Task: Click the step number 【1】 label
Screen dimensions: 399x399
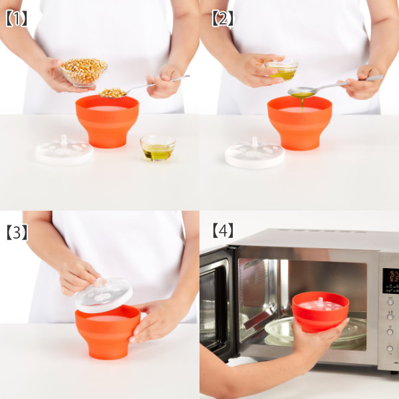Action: click(16, 19)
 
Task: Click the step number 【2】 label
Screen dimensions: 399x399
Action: click(223, 19)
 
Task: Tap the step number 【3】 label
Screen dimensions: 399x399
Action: click(17, 232)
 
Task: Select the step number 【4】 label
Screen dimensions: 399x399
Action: click(223, 230)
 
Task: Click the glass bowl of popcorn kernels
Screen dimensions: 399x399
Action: click(84, 72)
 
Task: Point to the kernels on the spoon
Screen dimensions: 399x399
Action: click(112, 92)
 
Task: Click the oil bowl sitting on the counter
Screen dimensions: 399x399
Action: click(158, 148)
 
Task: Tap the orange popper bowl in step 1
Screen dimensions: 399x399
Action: click(107, 121)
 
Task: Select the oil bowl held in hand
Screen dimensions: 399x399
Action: click(281, 68)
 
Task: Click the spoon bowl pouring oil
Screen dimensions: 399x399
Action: click(303, 92)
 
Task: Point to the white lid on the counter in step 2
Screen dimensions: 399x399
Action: click(255, 154)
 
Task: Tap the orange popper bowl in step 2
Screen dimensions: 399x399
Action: click(300, 122)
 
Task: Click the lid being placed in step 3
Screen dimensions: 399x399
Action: click(104, 296)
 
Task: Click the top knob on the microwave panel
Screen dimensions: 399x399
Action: click(390, 302)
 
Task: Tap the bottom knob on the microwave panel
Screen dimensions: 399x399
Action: click(390, 348)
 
